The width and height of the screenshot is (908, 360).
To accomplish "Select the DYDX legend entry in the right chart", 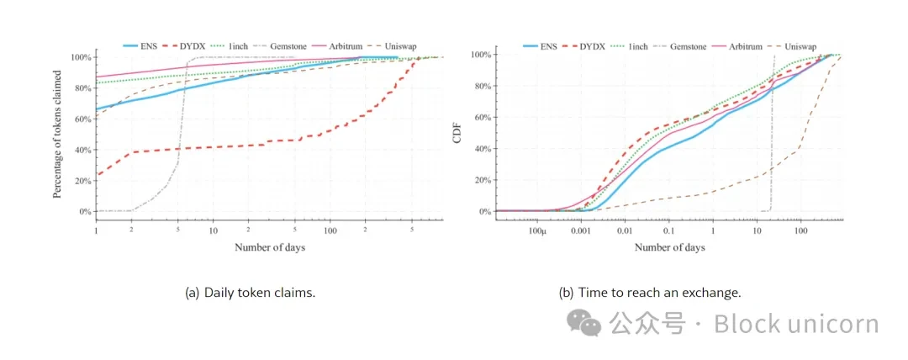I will click(592, 46).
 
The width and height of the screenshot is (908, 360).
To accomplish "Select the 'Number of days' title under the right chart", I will click(669, 247).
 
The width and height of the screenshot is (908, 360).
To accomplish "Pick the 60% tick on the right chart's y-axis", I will click(481, 117).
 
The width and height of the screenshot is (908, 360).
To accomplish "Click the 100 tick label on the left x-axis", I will click(330, 230).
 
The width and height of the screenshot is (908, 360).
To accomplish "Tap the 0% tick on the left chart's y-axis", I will click(84, 211).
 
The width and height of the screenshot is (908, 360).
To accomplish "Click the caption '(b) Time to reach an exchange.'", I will click(650, 293).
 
